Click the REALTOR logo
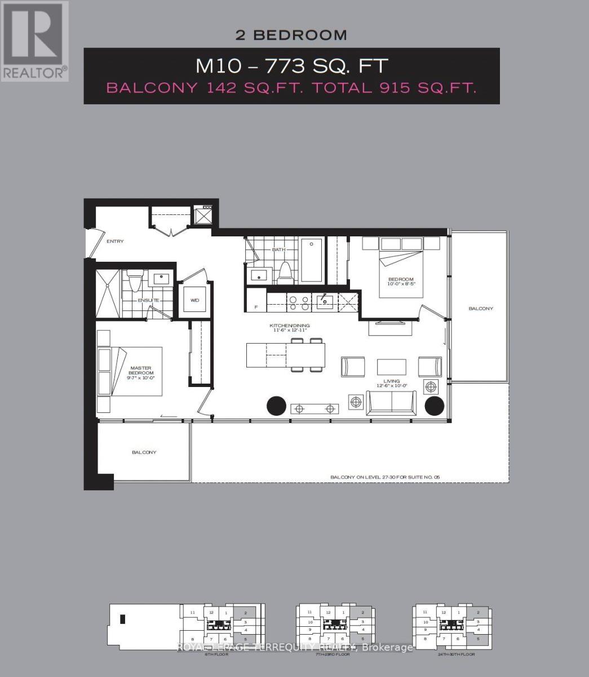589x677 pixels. pyautogui.click(x=34, y=41)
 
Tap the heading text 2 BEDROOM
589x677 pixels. pyautogui.click(x=291, y=35)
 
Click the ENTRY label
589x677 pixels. pyautogui.click(x=115, y=241)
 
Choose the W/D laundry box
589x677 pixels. pyautogui.click(x=194, y=300)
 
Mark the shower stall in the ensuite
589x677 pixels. pyautogui.click(x=107, y=293)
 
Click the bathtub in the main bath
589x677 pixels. pyautogui.click(x=312, y=260)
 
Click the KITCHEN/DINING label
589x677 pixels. pyautogui.click(x=289, y=326)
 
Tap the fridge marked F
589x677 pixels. pyautogui.click(x=256, y=307)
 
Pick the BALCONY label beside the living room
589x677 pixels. pyautogui.click(x=480, y=309)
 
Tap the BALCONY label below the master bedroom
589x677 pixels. pyautogui.click(x=144, y=452)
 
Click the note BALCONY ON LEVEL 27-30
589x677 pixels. pyautogui.click(x=384, y=477)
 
